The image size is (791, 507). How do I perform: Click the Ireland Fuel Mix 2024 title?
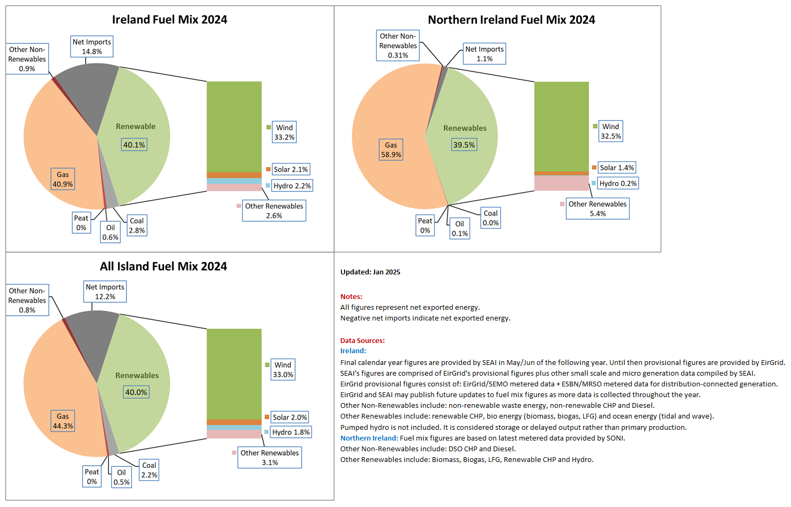169,19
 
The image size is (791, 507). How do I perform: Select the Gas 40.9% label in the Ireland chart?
63,179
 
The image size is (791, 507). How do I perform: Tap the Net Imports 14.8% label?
92,46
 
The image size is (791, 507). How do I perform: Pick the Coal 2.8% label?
137,225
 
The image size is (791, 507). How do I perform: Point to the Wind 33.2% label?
284,132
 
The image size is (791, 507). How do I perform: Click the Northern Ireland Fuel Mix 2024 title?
511,19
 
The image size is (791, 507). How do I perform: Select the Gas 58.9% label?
391,150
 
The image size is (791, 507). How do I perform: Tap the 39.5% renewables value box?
464,145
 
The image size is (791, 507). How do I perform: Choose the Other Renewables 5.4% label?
598,208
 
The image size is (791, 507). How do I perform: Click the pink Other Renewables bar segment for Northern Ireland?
562,183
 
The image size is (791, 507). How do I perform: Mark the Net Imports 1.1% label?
484,54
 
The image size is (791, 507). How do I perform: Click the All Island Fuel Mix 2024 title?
163,266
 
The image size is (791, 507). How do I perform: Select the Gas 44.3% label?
63,421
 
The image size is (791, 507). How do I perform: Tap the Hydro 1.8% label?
291,432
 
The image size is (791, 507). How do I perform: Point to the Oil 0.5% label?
122,478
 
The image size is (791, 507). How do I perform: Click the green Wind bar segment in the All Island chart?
234,374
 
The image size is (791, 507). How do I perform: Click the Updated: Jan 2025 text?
370,272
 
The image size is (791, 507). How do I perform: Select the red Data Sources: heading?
362,341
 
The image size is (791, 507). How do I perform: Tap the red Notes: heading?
351,296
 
